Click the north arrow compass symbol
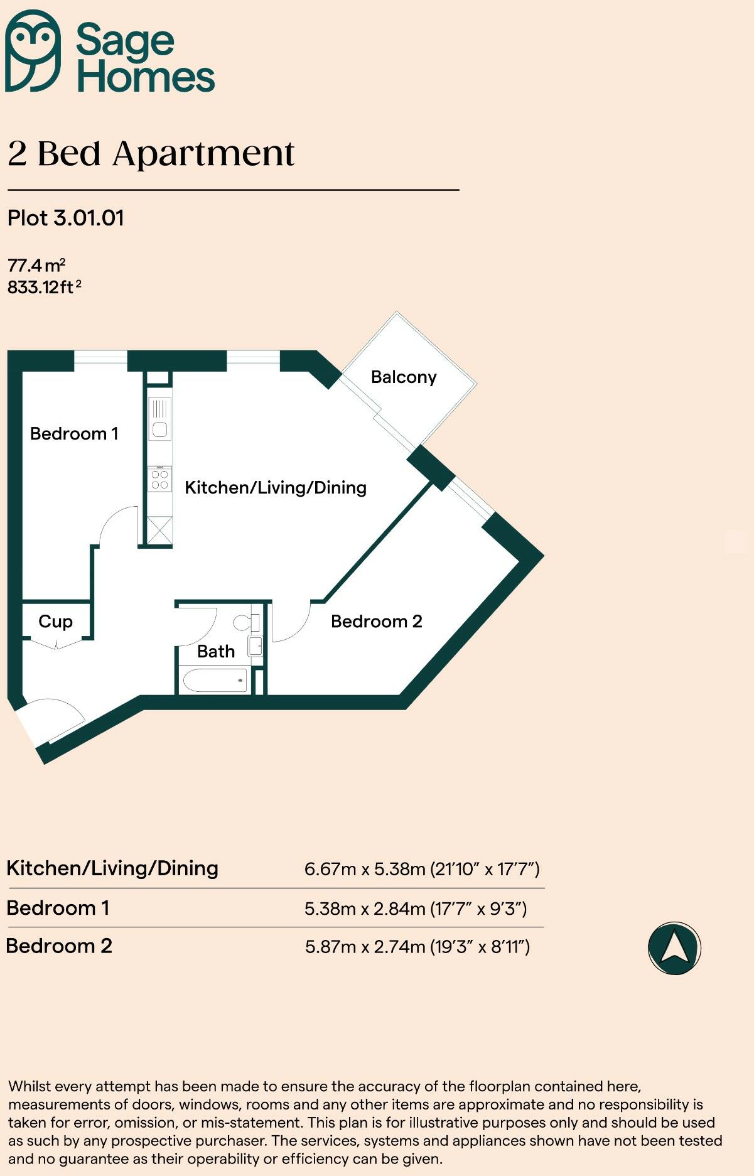[674, 947]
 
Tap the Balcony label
[404, 377]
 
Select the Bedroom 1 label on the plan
[74, 434]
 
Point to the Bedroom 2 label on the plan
[376, 622]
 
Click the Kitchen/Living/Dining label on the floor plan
[275, 488]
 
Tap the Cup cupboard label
[55, 622]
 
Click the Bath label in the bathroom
[216, 652]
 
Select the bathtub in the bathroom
[215, 681]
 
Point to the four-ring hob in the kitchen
[160, 480]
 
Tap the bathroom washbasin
[255, 645]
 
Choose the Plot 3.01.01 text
[66, 218]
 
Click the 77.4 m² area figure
[36, 265]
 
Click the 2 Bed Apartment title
[151, 154]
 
